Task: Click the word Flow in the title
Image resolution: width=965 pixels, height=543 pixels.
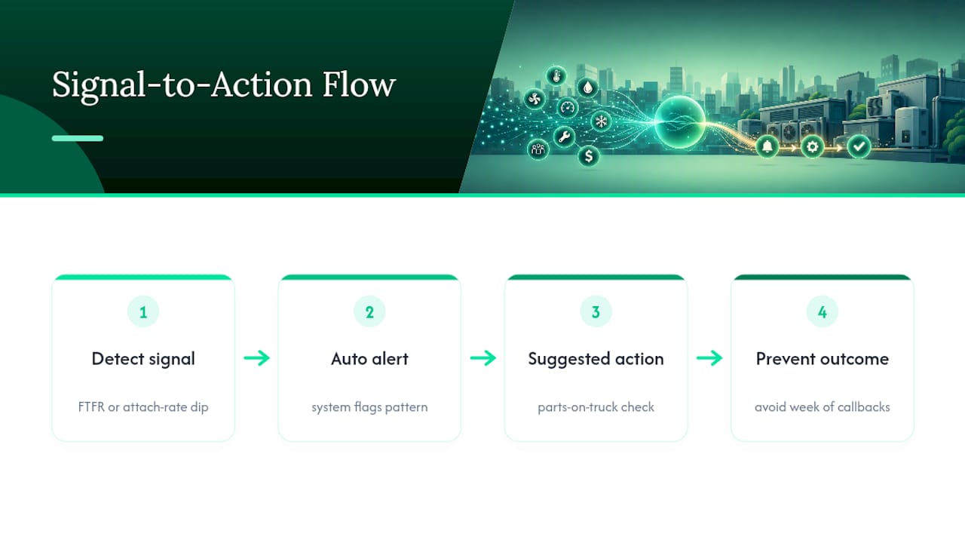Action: tap(358, 84)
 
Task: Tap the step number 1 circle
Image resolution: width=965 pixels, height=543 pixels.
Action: tap(143, 311)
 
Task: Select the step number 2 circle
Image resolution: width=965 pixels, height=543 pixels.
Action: tap(369, 311)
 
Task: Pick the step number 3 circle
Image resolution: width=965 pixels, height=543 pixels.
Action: tap(596, 311)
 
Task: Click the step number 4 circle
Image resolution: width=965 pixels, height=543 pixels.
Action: tap(823, 311)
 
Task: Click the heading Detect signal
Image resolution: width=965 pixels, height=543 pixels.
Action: tap(143, 359)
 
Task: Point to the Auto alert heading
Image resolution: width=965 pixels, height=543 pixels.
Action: tap(369, 358)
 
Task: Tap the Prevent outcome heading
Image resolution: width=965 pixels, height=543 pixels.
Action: tap(823, 358)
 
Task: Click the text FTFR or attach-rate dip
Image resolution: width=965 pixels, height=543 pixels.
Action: tap(143, 407)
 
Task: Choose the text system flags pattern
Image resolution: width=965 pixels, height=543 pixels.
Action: tap(369, 407)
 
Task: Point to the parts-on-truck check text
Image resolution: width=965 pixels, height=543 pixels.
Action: tap(596, 407)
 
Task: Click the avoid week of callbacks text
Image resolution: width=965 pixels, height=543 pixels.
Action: tap(823, 407)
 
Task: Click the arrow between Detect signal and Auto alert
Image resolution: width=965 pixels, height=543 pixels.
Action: tap(257, 357)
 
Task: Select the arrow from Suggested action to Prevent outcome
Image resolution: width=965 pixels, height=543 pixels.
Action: tap(709, 357)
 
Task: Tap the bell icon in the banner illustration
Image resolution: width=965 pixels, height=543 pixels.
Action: tap(767, 147)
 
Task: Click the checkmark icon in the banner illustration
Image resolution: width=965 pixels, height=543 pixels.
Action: tap(859, 147)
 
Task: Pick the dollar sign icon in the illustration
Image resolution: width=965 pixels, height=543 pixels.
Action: tap(589, 155)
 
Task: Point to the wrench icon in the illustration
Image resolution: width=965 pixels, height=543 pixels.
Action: tap(564, 137)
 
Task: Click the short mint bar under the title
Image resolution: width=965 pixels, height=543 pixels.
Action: tap(78, 138)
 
